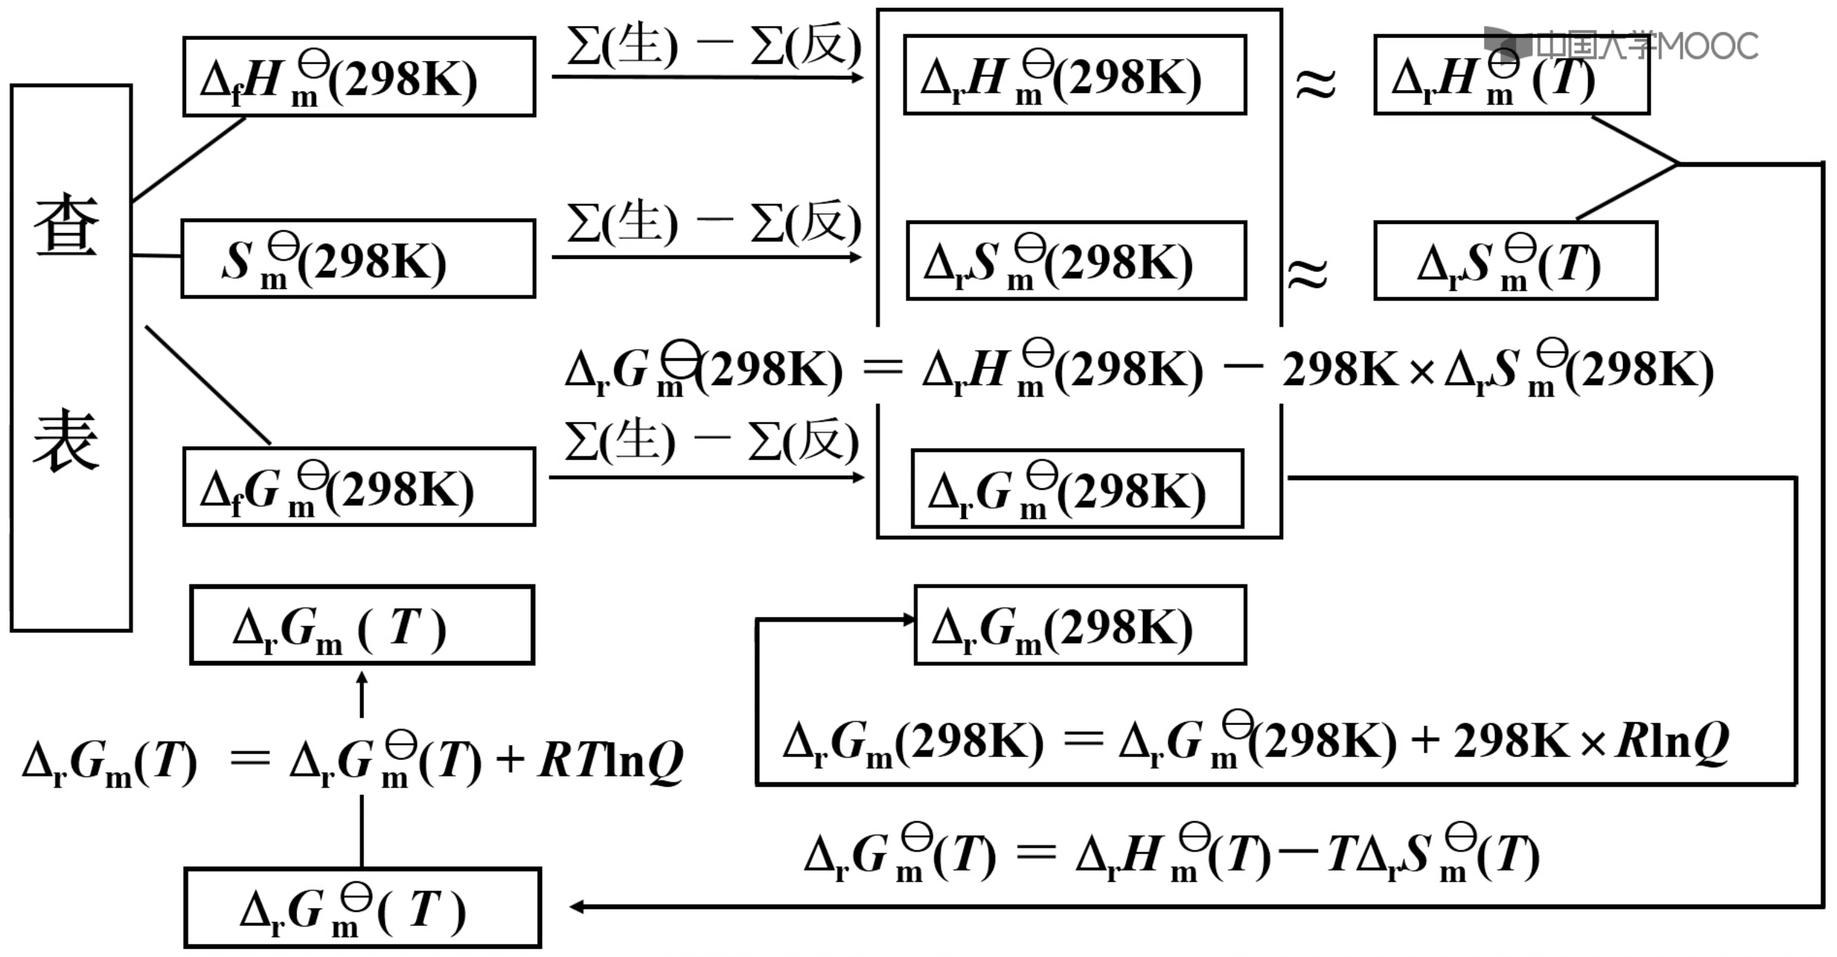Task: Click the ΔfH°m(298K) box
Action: tap(359, 76)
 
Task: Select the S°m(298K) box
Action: tap(358, 259)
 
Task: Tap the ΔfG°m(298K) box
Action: tap(359, 487)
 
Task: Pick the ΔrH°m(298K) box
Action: tap(1075, 75)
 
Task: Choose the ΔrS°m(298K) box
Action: tap(1076, 261)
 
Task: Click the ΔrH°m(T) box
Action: tap(1511, 75)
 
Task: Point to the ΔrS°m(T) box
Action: tap(1515, 261)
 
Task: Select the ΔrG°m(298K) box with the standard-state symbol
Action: tap(1077, 488)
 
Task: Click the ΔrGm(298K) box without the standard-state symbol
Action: tap(1080, 625)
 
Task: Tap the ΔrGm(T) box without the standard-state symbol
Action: tap(362, 625)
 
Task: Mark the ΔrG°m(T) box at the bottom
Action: tap(362, 908)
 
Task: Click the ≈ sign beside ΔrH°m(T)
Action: tap(1315, 83)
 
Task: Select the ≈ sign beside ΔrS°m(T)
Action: tap(1307, 274)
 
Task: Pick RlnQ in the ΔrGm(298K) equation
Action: tap(1672, 742)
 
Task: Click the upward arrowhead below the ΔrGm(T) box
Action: tap(362, 678)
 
